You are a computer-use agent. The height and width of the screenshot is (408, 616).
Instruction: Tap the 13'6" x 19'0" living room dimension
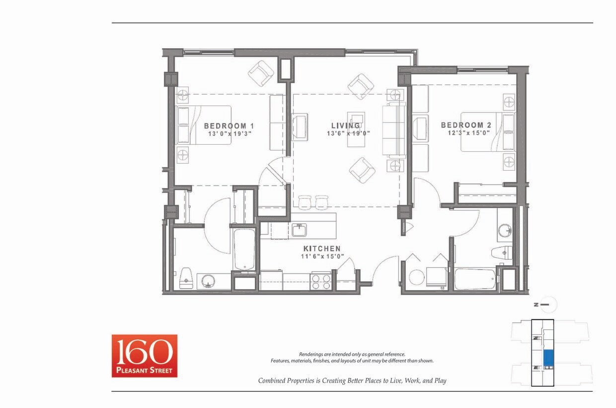coord(348,133)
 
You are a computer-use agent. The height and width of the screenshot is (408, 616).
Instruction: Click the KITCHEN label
coord(322,249)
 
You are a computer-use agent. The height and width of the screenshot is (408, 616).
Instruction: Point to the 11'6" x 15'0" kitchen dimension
coord(322,257)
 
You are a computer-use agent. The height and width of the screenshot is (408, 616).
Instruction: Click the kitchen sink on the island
coord(299,230)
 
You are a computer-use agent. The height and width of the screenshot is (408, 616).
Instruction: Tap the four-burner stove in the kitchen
coord(321,282)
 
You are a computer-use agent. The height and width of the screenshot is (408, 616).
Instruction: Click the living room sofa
coord(394,130)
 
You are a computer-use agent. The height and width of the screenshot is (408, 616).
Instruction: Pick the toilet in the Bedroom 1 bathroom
coord(186,279)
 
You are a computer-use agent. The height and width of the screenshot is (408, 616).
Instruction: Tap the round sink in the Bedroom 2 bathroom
coord(505,231)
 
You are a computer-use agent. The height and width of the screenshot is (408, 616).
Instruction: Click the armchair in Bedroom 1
coord(261,73)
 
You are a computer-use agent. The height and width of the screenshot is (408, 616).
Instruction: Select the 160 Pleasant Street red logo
coord(144,356)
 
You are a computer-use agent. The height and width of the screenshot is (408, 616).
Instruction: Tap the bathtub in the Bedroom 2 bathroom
coord(475,279)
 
